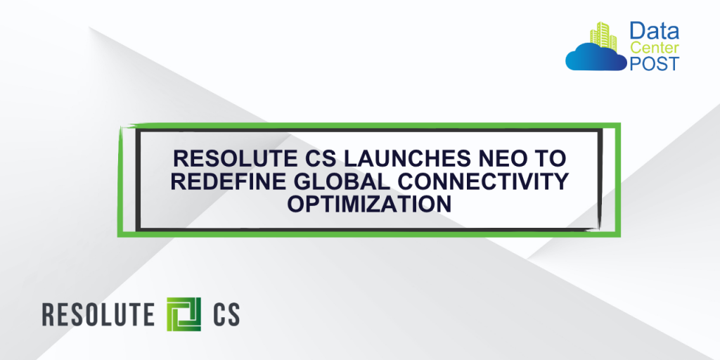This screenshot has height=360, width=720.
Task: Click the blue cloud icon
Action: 595,57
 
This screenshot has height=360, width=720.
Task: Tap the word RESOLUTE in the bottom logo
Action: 98,314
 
